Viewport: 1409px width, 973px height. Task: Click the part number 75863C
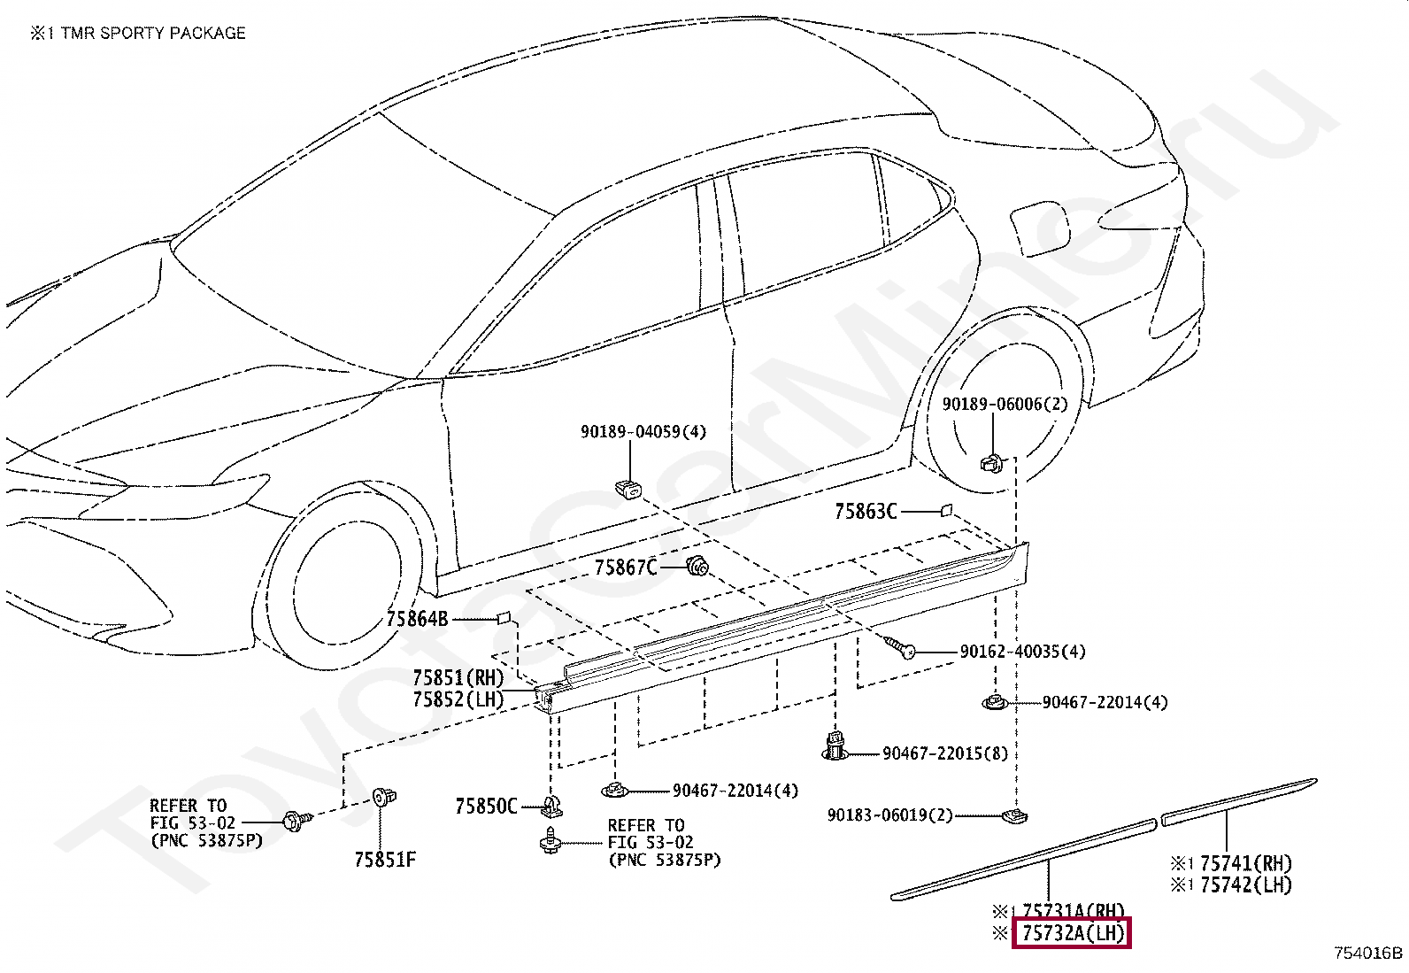pos(865,512)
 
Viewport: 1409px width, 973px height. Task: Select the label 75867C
pos(625,568)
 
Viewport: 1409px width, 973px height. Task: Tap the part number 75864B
pos(417,619)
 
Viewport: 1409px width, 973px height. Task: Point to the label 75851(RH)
pos(458,678)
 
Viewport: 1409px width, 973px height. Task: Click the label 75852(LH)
pos(458,699)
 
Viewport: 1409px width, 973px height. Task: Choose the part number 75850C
pos(485,807)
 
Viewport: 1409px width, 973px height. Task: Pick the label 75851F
pos(384,860)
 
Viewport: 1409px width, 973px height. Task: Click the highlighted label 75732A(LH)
pos(1072,933)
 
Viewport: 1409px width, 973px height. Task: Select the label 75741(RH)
pos(1245,863)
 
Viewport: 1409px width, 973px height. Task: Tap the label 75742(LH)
pos(1245,884)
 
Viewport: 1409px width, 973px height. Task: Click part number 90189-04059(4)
pos(643,432)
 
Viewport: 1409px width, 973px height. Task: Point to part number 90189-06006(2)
pos(1005,405)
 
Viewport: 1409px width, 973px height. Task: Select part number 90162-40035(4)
pos(1022,652)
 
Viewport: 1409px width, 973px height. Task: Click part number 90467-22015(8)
pos(944,753)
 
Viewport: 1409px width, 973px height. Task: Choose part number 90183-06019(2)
pos(889,815)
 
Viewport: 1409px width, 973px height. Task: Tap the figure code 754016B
pos(1368,953)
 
